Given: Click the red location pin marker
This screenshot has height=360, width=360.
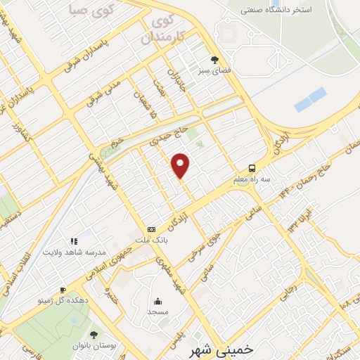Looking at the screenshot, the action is tap(181, 165).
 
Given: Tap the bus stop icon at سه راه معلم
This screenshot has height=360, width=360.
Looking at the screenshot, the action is tap(251, 169).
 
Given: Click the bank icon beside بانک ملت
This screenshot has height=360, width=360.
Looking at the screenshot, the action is tap(151, 230).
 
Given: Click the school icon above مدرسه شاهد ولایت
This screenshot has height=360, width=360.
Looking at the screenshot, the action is tap(74, 241).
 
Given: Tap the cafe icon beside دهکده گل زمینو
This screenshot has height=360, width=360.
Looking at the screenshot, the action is tap(63, 290).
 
